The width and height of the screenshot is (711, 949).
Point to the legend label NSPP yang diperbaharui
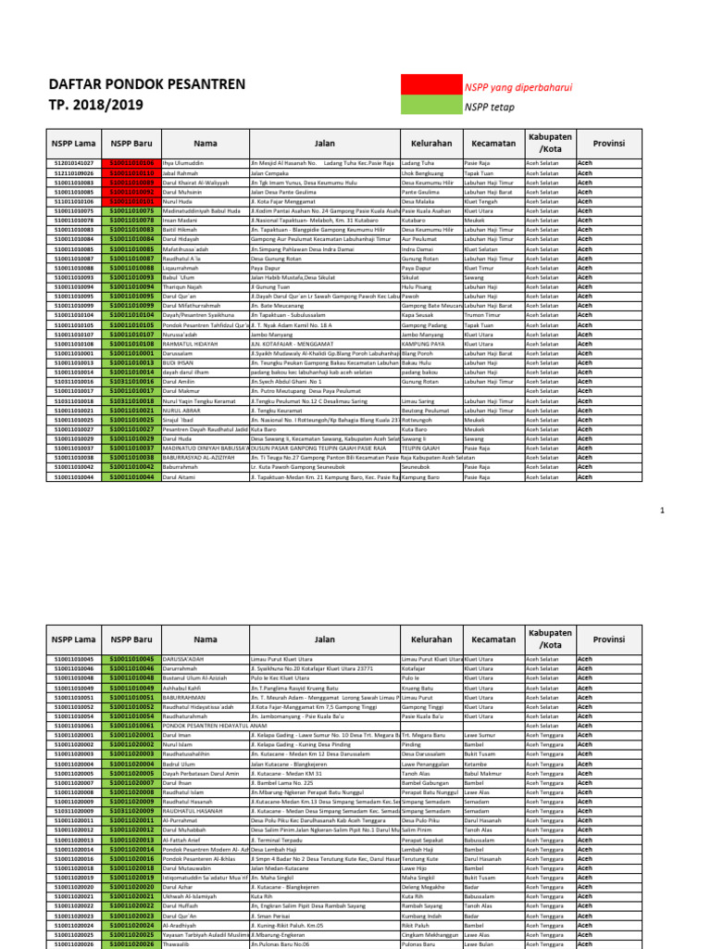pos(518,87)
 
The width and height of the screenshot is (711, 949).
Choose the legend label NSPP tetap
pos(490,108)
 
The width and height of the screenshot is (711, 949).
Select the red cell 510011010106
pos(133,163)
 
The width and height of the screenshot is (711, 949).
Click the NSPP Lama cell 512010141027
pos(74,163)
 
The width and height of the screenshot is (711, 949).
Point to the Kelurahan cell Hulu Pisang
pos(418,287)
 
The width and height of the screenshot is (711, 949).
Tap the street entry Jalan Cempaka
pos(269,173)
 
